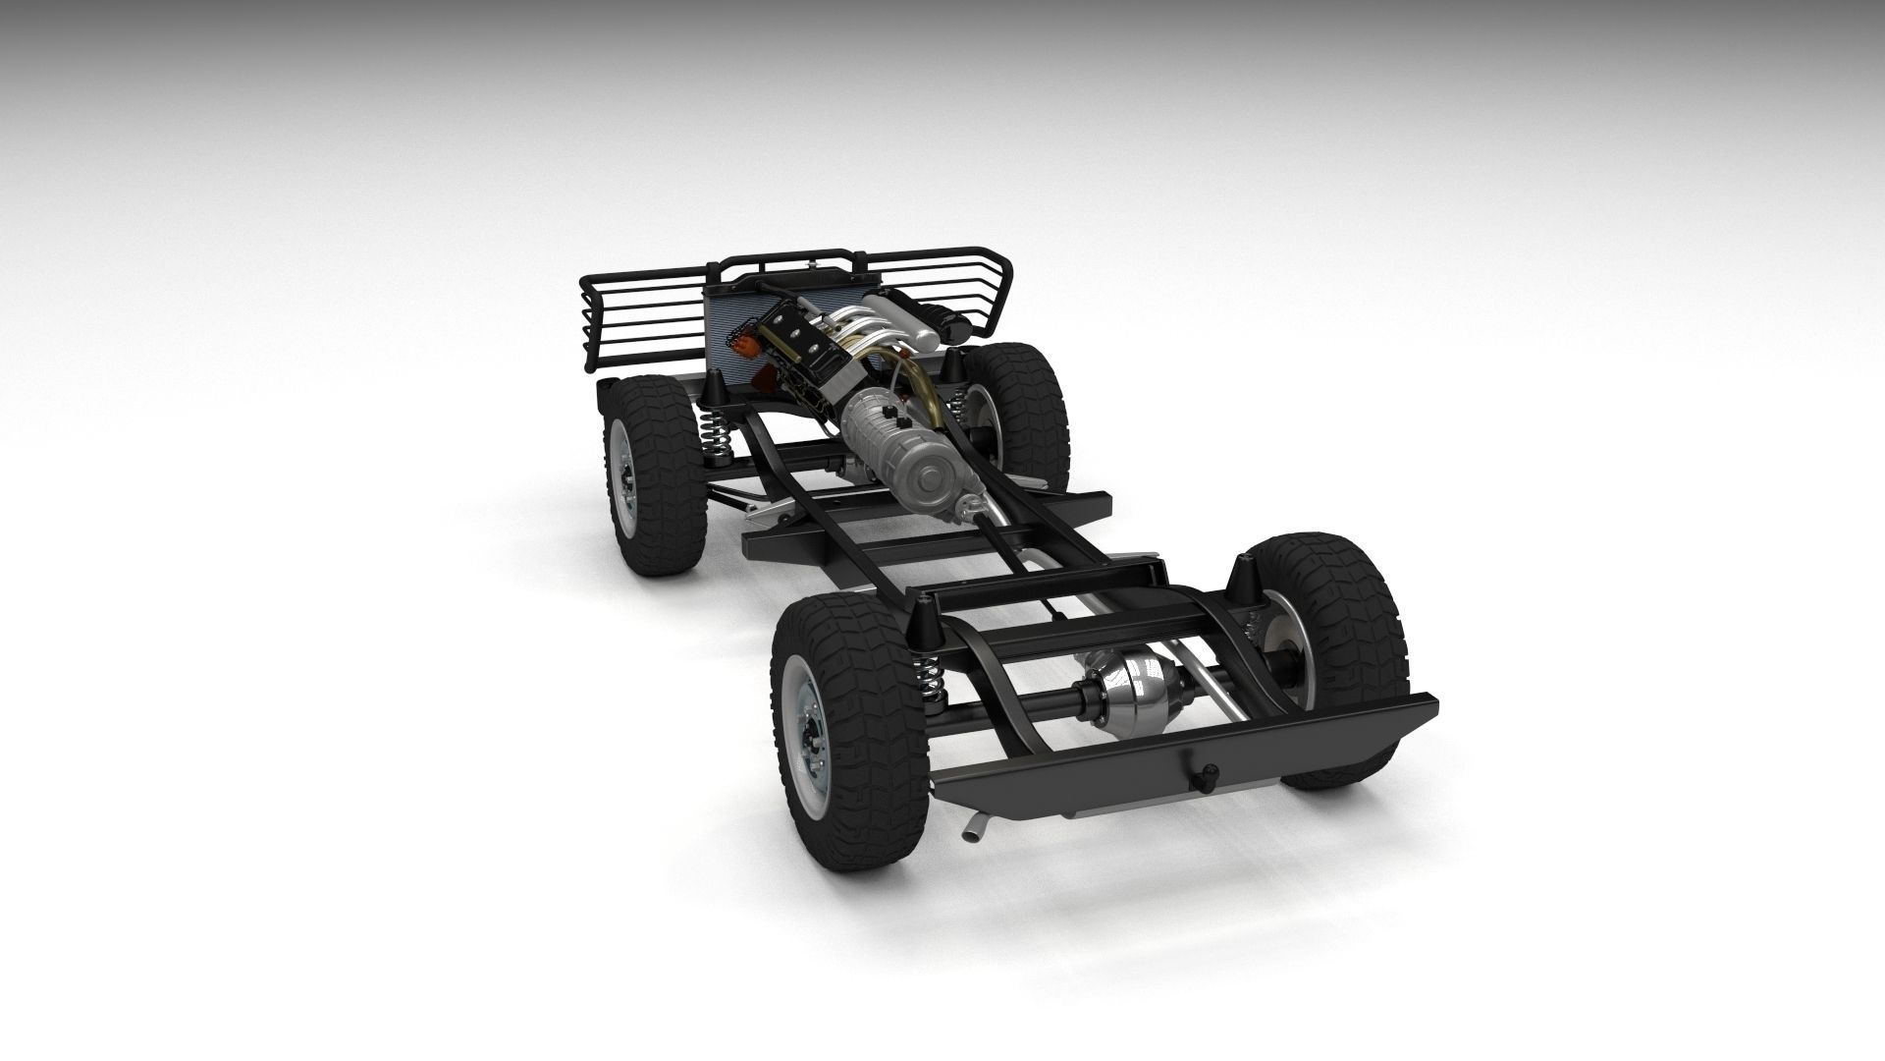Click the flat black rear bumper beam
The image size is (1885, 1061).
point(1178,747)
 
